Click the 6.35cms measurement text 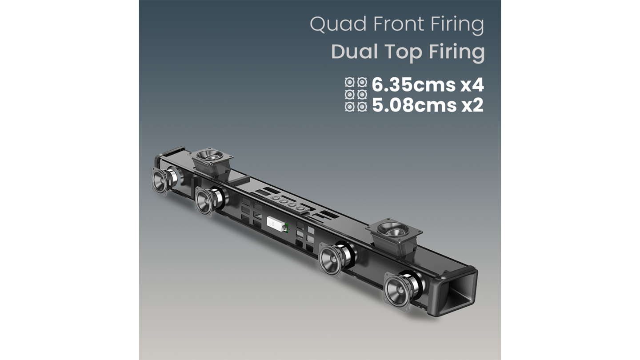click(413, 84)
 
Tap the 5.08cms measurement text click(413, 106)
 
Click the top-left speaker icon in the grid click(350, 82)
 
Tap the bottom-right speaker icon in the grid click(362, 107)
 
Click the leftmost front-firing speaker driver click(161, 180)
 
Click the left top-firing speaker click(212, 156)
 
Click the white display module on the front click(276, 223)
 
